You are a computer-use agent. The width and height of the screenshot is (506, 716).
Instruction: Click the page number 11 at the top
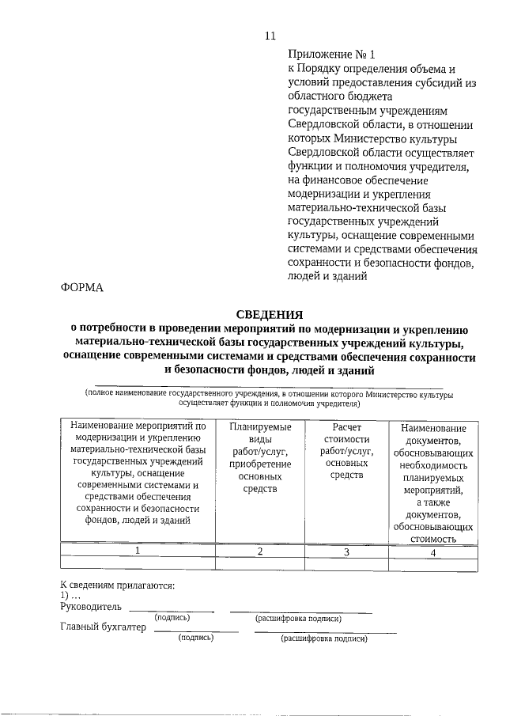270,36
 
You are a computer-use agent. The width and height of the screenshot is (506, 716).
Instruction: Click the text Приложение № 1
325,55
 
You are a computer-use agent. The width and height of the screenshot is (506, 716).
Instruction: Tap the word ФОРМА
82,287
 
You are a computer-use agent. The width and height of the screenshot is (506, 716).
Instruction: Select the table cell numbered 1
138,551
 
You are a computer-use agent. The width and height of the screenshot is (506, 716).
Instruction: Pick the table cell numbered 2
260,551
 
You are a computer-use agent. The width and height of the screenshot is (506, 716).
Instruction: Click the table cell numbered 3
345,551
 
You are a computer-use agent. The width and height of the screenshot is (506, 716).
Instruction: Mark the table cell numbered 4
432,552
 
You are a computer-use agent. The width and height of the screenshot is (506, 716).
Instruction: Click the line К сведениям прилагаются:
117,585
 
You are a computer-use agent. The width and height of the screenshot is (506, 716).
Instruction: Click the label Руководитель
91,606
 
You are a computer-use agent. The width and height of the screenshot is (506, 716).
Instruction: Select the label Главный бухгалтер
104,627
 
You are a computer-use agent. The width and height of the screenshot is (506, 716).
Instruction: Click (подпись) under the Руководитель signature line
172,617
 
